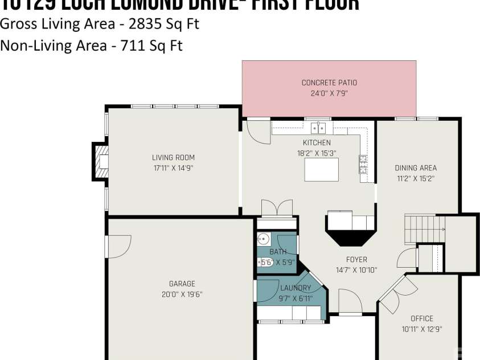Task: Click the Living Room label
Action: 173,158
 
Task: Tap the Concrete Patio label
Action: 329,83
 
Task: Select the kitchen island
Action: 321,169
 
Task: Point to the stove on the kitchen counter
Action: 363,164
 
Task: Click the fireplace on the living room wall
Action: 101,161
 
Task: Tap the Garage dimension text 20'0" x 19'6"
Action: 182,294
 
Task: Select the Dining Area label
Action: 416,168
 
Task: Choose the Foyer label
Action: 356,260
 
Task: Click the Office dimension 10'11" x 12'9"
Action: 421,329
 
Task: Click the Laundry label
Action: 296,288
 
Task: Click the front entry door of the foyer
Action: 349,300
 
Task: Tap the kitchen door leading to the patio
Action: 257,131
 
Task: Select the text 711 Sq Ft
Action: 152,46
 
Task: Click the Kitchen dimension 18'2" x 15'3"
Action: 316,153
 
